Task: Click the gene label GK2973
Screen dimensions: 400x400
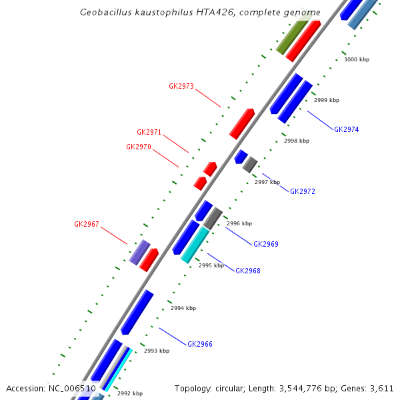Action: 181,86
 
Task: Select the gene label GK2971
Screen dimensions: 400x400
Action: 149,132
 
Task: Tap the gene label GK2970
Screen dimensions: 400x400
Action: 139,147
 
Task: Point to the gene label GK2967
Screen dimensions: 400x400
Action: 87,224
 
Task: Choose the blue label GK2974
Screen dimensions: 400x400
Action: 347,129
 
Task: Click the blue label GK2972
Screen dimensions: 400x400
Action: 303,191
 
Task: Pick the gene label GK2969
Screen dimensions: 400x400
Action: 266,244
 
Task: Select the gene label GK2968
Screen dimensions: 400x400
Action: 248,271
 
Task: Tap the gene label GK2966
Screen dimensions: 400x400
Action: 200,344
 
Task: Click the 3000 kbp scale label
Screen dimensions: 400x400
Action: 357,59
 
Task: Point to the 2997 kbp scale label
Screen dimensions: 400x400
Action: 267,182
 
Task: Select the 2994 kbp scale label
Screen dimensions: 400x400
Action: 183,308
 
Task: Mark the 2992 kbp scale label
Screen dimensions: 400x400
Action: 130,393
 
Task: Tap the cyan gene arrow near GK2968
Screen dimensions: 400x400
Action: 195,245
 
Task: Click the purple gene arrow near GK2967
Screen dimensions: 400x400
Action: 139,253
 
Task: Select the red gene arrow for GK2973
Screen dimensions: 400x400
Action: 242,123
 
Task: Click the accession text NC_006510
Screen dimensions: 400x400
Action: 71,388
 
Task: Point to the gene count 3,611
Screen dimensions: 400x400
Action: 383,388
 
